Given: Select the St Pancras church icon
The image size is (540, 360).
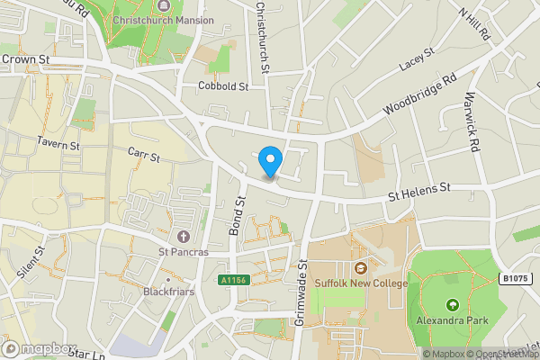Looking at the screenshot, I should click(x=184, y=237).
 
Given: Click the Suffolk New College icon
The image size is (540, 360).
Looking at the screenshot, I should click(x=361, y=267).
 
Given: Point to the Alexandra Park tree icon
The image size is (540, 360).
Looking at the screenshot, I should click(x=452, y=304).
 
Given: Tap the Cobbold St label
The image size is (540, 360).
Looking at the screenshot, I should click(x=223, y=86).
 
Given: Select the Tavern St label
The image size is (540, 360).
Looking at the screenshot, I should click(x=58, y=143).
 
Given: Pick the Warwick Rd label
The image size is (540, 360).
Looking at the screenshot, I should click(x=471, y=124).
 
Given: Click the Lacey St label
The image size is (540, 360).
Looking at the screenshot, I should click(x=417, y=60).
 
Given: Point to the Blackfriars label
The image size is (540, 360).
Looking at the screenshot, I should click(x=169, y=292).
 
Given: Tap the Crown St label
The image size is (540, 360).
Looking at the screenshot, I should click(x=25, y=59).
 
